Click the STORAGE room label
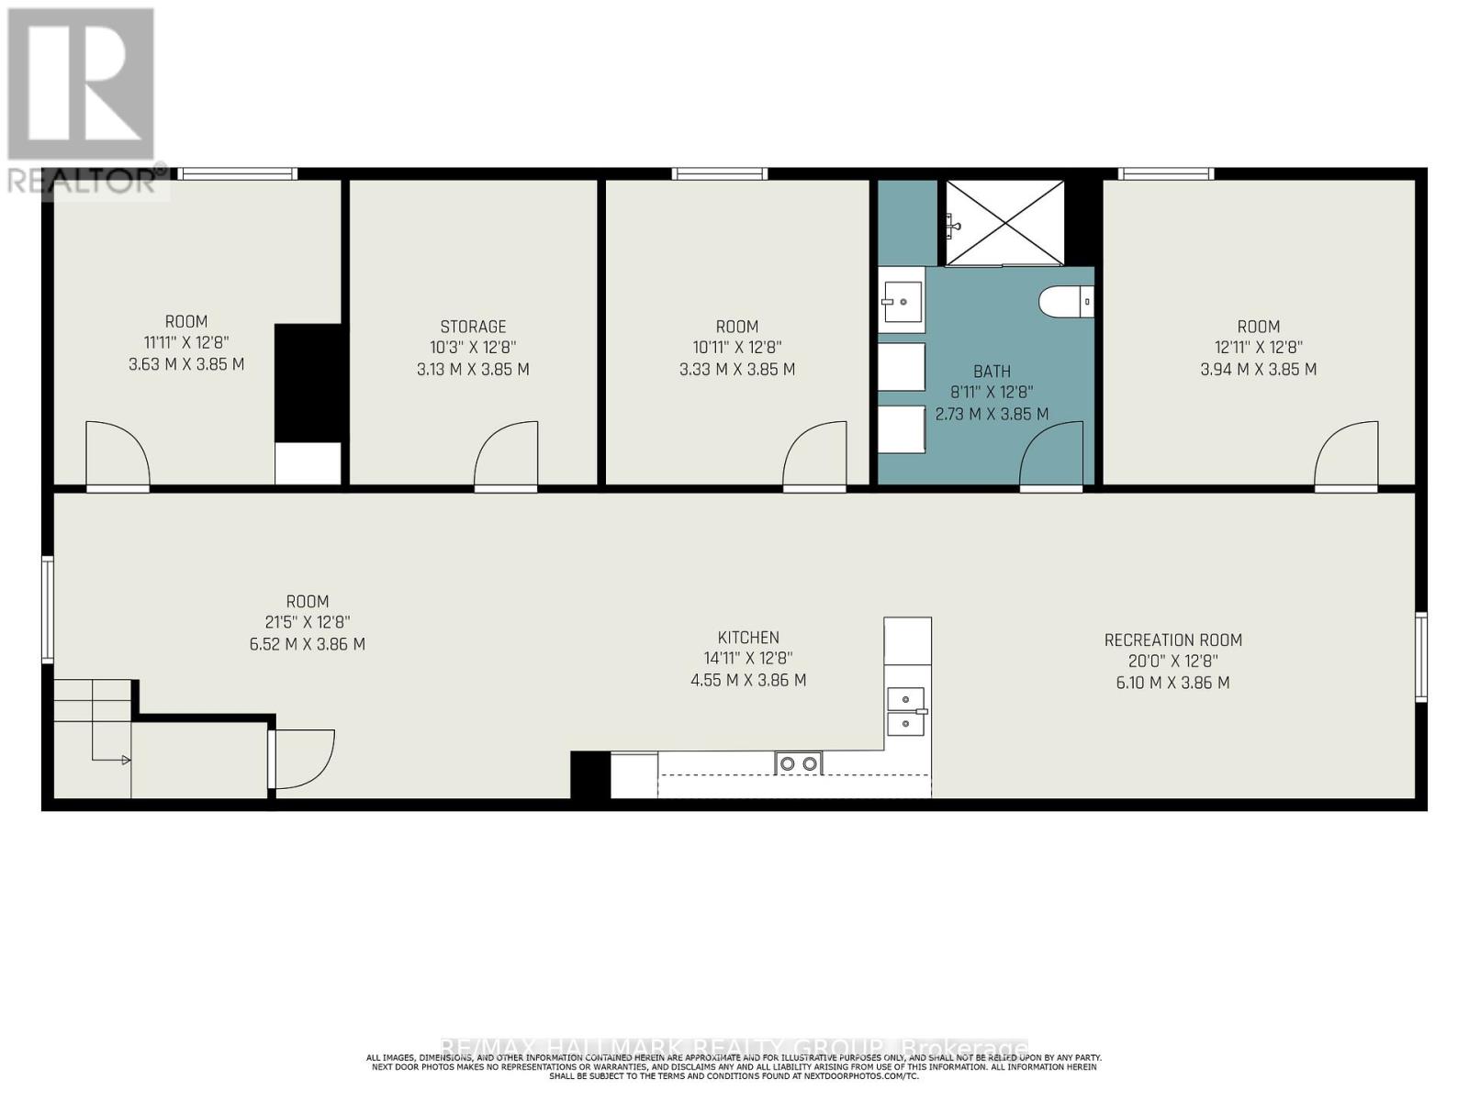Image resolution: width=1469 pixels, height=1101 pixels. point(473,327)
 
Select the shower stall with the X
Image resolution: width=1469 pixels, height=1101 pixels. point(1004,222)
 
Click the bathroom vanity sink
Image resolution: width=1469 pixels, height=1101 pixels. point(902,299)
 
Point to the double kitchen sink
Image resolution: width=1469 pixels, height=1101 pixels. point(906,712)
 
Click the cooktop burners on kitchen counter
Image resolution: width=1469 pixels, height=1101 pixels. point(798,763)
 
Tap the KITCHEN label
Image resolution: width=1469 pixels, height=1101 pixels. point(748,637)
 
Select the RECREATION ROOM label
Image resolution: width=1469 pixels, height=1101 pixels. point(1172,639)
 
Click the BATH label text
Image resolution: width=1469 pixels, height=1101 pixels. point(992,372)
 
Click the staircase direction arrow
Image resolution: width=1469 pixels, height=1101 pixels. point(125,760)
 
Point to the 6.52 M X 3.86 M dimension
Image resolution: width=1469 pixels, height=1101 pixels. point(307,644)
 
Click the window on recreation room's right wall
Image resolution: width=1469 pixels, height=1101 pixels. point(1420,657)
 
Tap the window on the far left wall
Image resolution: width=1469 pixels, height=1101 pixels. point(48,608)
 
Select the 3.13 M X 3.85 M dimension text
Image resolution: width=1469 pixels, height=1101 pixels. point(473,369)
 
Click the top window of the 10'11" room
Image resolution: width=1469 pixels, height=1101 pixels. point(719,173)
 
